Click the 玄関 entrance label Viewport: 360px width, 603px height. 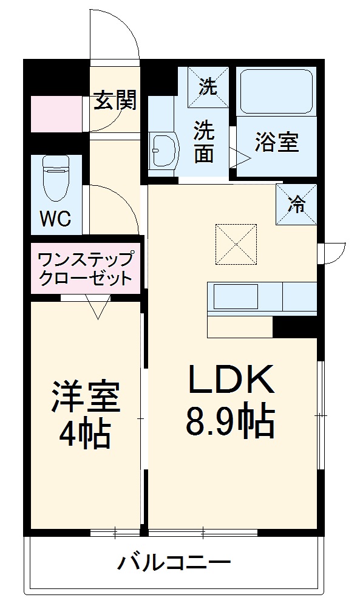point(114,101)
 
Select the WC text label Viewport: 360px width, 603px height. point(56,219)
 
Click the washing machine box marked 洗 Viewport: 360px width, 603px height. point(208,87)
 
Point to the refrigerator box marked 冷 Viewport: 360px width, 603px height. point(296,205)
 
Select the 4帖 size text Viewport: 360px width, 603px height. point(84,434)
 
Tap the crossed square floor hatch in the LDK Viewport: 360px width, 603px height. point(236,244)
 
